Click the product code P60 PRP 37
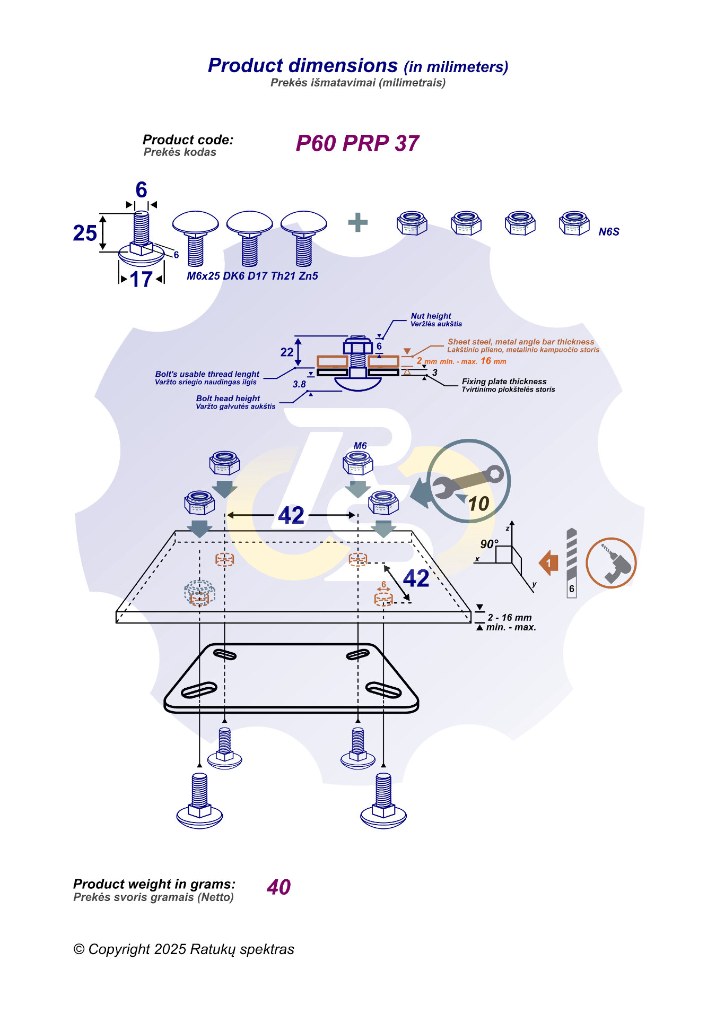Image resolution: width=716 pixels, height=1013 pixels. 357,144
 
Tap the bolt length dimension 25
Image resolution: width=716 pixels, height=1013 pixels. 85,233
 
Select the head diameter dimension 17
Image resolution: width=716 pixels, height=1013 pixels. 141,280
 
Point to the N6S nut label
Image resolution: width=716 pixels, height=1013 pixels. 608,232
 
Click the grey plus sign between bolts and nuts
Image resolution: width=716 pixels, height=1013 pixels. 357,222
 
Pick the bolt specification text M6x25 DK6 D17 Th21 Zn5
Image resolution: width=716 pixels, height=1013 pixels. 252,276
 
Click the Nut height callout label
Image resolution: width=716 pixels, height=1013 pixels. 431,316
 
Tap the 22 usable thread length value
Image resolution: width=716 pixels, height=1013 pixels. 286,352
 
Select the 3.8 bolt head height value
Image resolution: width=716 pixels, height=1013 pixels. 299,384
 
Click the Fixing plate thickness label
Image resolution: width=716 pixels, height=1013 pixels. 504,382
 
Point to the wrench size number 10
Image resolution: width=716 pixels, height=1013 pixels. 478,504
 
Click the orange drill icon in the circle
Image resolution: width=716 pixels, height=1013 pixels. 611,563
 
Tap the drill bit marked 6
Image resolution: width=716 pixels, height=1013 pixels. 571,562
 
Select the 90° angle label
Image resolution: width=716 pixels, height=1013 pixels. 489,544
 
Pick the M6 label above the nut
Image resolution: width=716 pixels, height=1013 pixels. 360,446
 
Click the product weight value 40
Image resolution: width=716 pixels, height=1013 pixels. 278,887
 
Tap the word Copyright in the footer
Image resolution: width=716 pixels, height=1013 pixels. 119,949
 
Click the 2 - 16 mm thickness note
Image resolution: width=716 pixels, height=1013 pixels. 510,618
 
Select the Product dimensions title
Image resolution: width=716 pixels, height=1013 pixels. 303,66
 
